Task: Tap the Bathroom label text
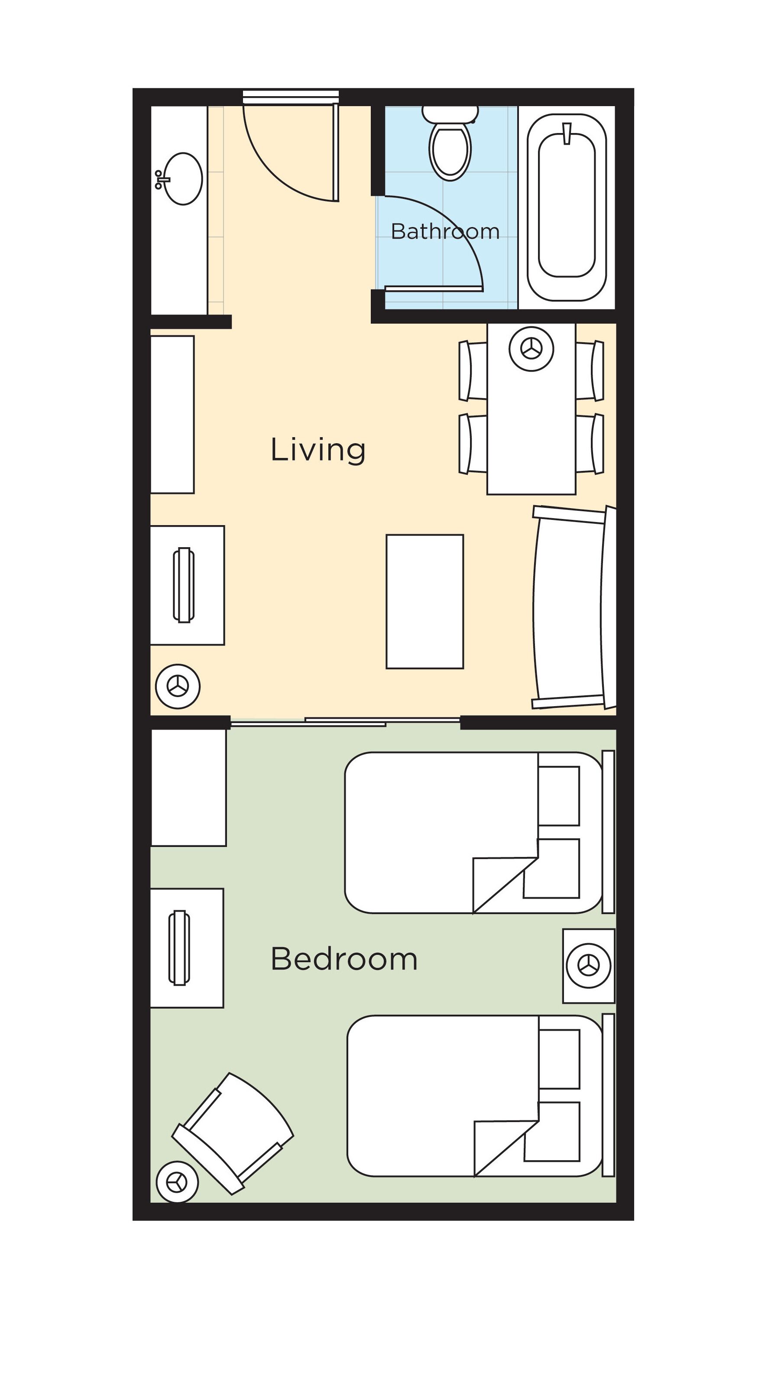coord(445,231)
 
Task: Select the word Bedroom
coord(344,959)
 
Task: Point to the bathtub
coord(567,207)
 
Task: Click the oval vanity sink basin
coord(183,178)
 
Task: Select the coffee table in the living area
coord(425,601)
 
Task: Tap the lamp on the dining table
coord(531,349)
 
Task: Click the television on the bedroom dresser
coord(179,948)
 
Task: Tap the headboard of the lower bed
coord(608,1095)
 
